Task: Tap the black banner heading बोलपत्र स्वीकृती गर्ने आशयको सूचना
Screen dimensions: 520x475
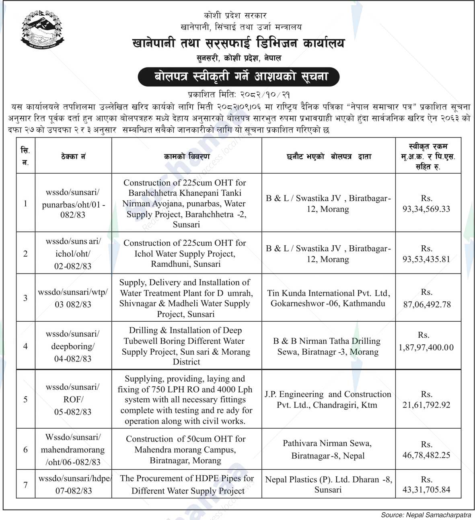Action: [238, 76]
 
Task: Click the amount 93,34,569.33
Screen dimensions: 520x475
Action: [426, 209]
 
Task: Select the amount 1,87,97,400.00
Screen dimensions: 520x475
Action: [426, 347]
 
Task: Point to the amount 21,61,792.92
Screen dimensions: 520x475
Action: [426, 405]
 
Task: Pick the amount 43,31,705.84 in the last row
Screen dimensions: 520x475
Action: [426, 489]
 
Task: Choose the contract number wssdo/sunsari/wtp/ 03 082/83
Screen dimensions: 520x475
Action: [73, 298]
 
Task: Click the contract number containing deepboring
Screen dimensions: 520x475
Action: [73, 346]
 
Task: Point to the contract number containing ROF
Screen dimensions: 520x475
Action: [73, 399]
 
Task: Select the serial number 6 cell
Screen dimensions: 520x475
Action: [25, 449]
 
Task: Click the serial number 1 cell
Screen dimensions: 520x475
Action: [25, 203]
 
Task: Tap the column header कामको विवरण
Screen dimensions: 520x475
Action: [187, 156]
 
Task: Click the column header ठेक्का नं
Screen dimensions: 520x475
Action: [73, 156]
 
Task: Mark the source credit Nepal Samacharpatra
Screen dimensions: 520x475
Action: [426, 515]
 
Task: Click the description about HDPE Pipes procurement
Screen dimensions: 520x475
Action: [187, 484]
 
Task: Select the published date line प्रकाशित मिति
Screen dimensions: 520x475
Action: [239, 95]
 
